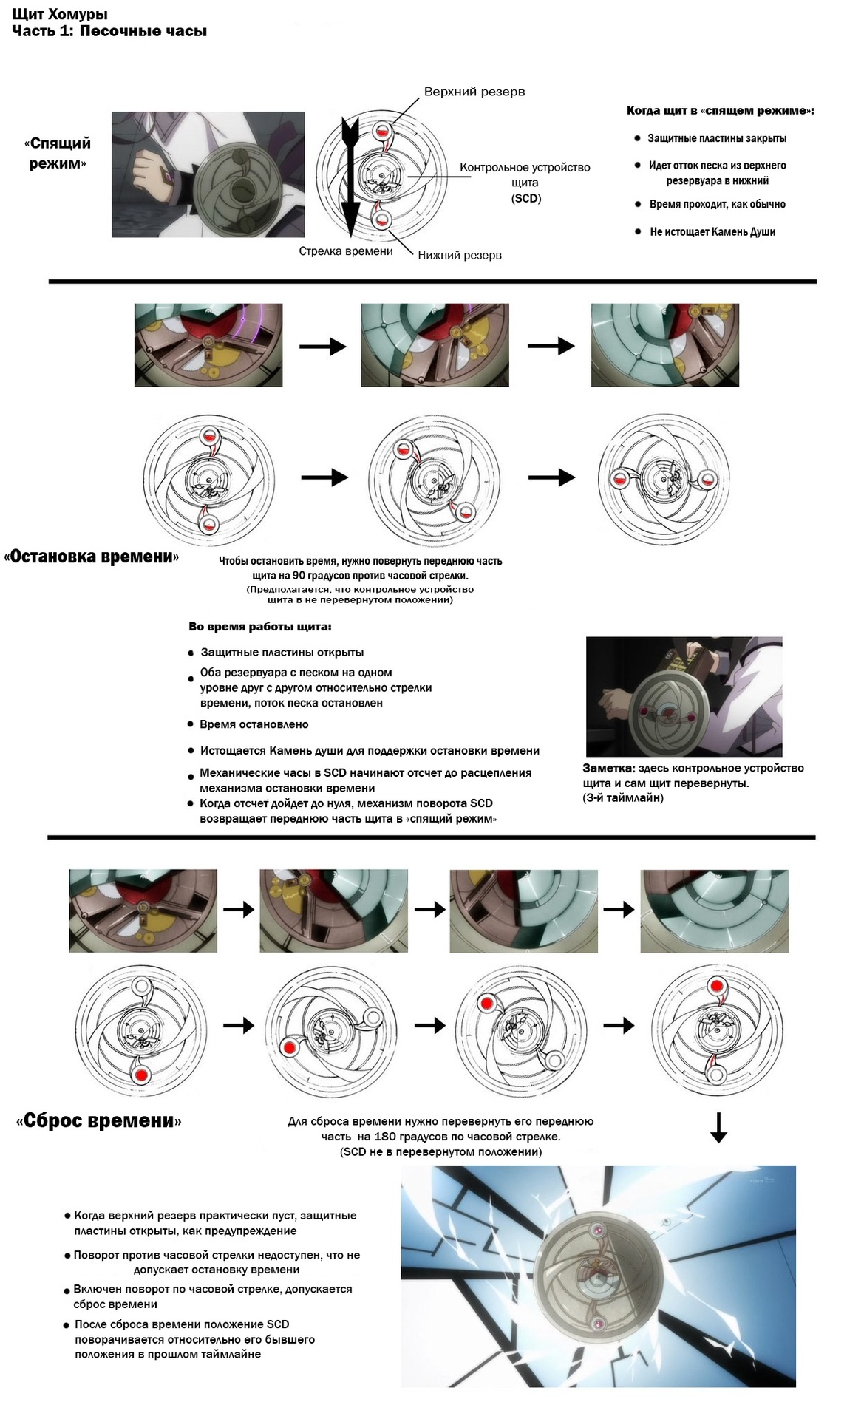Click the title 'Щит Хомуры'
point(59,13)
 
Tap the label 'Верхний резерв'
point(474,92)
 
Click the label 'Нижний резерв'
point(459,256)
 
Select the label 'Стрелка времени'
point(345,251)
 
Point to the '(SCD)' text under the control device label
point(525,199)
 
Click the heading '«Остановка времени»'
point(92,557)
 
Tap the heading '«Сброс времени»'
point(98,1120)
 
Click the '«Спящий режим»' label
point(58,153)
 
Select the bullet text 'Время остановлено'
point(254,724)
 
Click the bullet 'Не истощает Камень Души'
point(712,232)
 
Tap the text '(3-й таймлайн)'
point(623,798)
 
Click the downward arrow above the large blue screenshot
point(718,1127)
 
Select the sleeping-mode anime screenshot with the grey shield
point(207,174)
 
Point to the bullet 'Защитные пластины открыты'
point(282,653)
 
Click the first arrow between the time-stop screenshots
point(322,346)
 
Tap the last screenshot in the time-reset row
point(715,911)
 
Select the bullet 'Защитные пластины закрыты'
point(716,138)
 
